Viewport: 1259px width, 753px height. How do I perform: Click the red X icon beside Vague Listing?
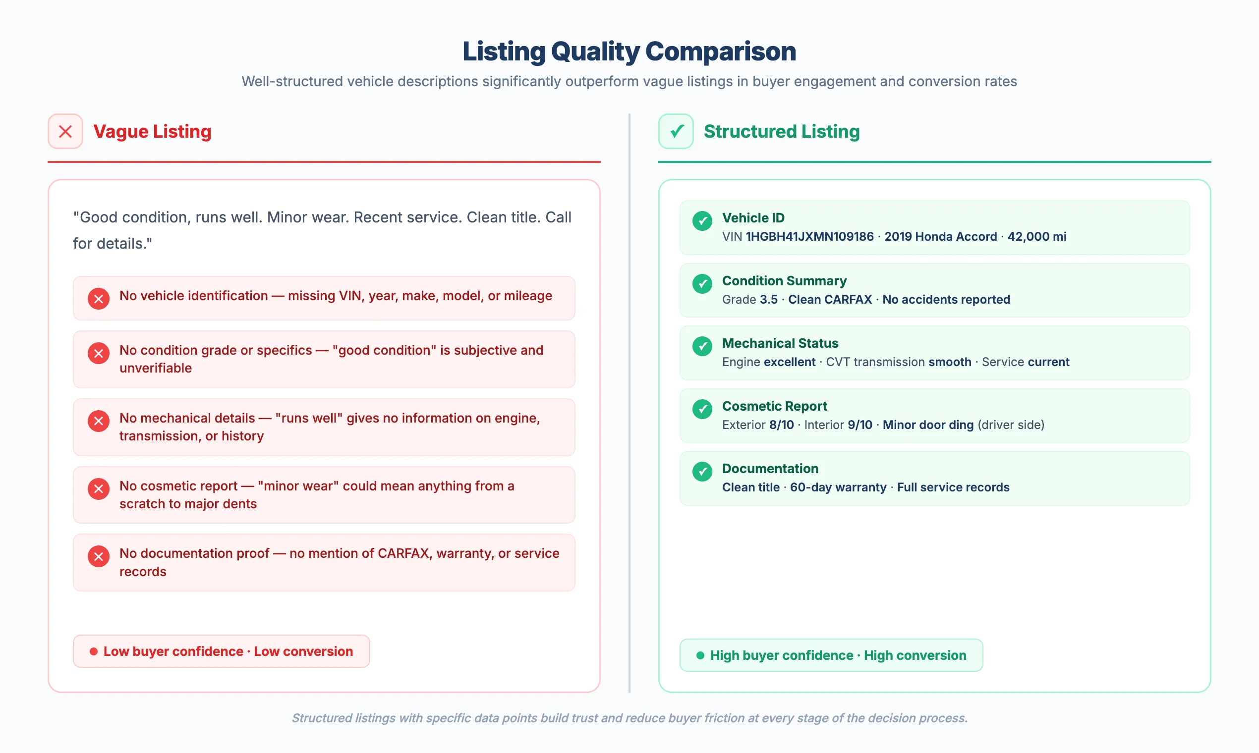point(65,131)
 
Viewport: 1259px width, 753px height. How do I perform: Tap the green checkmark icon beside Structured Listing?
point(676,131)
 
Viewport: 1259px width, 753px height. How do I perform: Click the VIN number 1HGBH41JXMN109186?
point(809,236)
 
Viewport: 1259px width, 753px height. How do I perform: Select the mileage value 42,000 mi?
point(1036,236)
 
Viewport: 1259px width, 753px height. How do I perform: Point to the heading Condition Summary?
point(784,280)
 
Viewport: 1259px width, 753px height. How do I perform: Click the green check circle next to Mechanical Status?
point(702,346)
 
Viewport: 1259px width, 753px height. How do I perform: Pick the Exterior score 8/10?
point(781,425)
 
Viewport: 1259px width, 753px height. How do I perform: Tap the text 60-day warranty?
point(838,487)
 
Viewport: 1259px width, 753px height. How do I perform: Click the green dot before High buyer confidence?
point(700,655)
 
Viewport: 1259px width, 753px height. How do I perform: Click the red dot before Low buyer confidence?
point(93,651)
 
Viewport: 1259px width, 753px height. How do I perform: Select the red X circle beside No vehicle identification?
point(99,299)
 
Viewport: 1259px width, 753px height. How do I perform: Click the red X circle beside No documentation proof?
point(99,556)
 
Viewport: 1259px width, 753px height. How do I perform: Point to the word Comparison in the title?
point(720,51)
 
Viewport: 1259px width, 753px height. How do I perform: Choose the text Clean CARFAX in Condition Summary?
point(830,299)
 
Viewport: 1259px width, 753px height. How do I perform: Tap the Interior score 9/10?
point(860,425)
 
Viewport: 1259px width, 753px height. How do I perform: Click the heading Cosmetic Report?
point(774,406)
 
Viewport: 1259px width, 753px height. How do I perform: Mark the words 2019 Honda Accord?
point(940,236)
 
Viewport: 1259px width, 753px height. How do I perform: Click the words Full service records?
point(953,487)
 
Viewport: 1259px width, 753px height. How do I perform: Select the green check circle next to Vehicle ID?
point(702,221)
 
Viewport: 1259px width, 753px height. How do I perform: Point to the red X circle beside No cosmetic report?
point(99,488)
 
